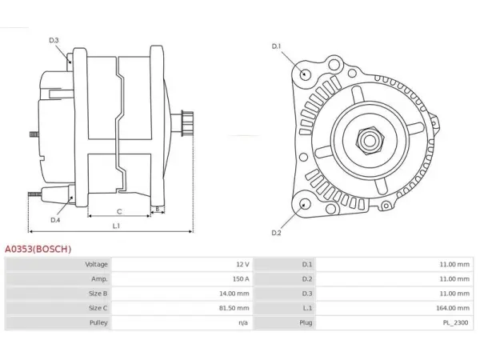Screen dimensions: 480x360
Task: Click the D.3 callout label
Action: point(54,40)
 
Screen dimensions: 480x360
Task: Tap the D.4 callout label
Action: point(55,220)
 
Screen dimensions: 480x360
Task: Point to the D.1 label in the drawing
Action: point(276,46)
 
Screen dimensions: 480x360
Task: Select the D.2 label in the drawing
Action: point(276,233)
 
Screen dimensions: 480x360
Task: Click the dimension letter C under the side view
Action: point(119,211)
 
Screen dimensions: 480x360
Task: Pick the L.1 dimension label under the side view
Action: point(116,226)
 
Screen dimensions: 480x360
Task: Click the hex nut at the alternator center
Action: point(369,141)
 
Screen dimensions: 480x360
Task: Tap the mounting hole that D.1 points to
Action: point(304,74)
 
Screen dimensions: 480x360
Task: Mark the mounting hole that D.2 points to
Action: point(304,204)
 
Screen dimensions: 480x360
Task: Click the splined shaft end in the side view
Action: point(187,123)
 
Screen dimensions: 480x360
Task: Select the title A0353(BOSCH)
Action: point(38,249)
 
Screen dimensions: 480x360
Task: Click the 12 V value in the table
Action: point(242,264)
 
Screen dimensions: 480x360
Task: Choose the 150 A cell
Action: point(241,279)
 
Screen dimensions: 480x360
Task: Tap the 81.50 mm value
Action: point(234,308)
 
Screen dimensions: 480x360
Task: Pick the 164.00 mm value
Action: point(453,308)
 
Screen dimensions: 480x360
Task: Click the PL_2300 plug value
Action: point(456,322)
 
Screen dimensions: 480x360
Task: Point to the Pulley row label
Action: point(98,322)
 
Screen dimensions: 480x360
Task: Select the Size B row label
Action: point(98,294)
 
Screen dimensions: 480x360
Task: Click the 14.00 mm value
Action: point(234,294)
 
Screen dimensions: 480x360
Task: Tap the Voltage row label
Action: point(97,264)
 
